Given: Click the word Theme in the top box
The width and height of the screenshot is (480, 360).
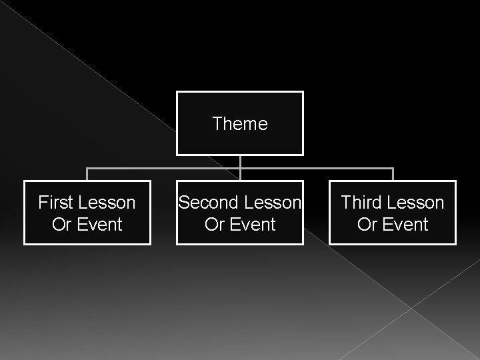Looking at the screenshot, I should pyautogui.click(x=240, y=124).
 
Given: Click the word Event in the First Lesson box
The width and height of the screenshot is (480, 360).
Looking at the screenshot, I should pyautogui.click(x=98, y=225).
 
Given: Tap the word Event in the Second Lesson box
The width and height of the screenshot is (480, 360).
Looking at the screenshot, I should pyautogui.click(x=251, y=225).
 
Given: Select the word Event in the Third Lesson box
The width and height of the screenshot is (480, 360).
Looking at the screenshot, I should pyautogui.click(x=403, y=225).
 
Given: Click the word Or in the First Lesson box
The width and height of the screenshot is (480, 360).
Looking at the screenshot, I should pyautogui.click(x=61, y=225).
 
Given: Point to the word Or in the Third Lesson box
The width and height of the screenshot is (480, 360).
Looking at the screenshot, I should pyautogui.click(x=367, y=225).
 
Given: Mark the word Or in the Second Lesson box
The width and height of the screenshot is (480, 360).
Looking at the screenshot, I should pyautogui.click(x=214, y=225).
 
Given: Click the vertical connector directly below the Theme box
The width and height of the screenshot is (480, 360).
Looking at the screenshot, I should pyautogui.click(x=240, y=161).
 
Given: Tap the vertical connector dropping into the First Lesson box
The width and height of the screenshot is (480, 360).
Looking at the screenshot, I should pyautogui.click(x=87, y=175).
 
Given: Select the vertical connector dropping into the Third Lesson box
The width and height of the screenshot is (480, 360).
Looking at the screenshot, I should pyautogui.click(x=393, y=175).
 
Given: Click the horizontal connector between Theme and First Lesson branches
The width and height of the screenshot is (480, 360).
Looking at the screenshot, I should pyautogui.click(x=163, y=168).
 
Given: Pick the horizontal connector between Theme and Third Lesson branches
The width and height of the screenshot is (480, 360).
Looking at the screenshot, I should pyautogui.click(x=317, y=168).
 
